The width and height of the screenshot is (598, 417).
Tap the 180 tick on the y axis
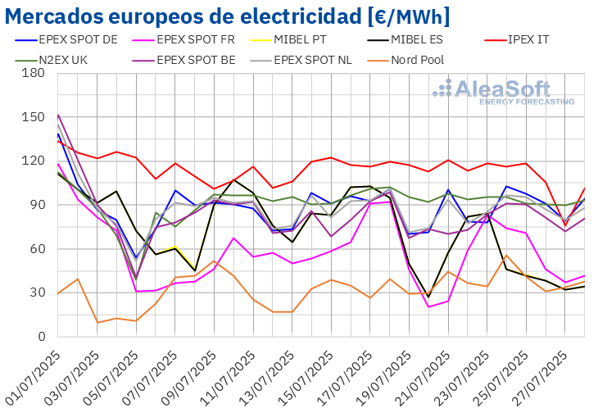click(x=34, y=73)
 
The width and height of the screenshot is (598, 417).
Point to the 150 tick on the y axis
click(x=34, y=117)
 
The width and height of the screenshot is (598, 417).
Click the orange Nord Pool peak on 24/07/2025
click(x=507, y=256)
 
